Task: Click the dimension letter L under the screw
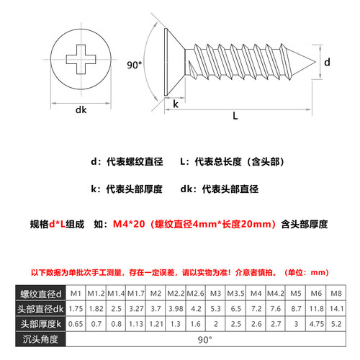click(x=235, y=115)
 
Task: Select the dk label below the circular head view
click(x=81, y=110)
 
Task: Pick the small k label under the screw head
click(x=176, y=105)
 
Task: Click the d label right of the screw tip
click(x=328, y=63)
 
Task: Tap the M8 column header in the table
click(x=336, y=293)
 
